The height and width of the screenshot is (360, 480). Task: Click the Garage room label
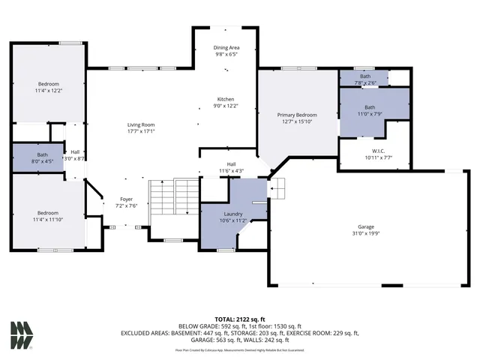click(x=365, y=226)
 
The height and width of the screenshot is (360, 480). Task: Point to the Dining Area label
click(x=226, y=47)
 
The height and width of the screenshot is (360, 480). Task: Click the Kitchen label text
click(x=226, y=99)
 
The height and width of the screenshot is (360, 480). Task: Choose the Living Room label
click(x=140, y=124)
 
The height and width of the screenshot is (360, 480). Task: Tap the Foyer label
click(x=126, y=199)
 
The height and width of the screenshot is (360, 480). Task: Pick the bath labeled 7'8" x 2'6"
click(x=364, y=82)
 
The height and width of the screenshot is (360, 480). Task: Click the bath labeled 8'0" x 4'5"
click(x=42, y=160)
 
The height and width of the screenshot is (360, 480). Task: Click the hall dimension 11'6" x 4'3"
click(x=232, y=171)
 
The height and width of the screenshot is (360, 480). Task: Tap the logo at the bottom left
click(x=22, y=334)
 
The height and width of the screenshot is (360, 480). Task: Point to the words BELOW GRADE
click(x=198, y=326)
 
